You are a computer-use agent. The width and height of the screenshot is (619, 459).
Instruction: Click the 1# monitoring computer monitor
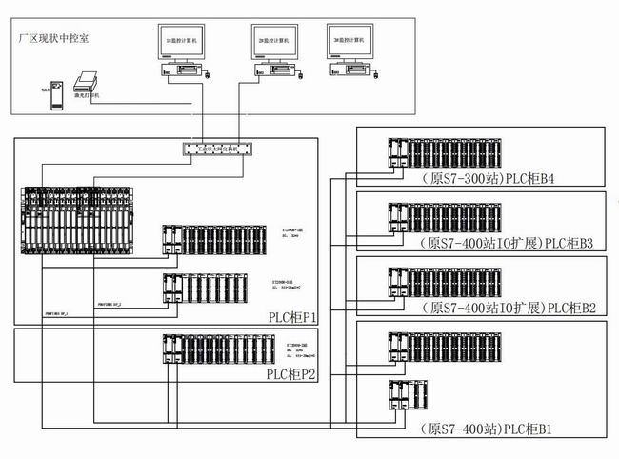[184, 43]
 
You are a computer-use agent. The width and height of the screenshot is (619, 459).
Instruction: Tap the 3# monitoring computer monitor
[349, 43]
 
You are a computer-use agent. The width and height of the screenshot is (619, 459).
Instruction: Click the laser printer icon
[89, 86]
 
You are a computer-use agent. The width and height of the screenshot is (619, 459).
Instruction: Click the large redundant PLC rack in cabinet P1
[89, 221]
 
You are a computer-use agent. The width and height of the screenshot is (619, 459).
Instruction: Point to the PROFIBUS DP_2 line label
[112, 306]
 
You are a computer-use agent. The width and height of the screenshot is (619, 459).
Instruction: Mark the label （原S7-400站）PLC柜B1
[489, 429]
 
